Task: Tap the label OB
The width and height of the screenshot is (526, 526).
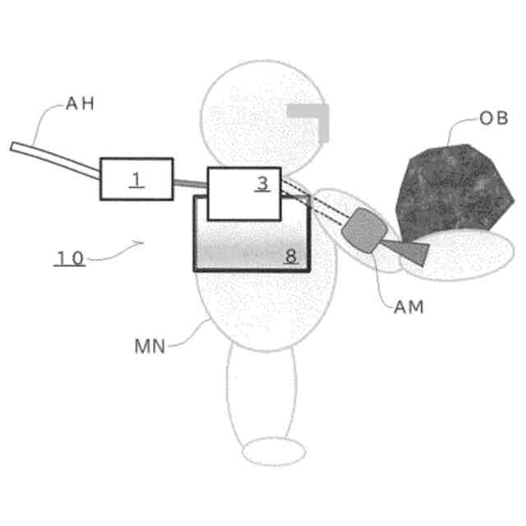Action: [493, 118]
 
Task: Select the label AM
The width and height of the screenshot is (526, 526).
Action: [408, 307]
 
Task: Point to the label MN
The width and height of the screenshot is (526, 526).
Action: [150, 345]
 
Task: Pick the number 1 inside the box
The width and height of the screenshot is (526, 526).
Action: [136, 180]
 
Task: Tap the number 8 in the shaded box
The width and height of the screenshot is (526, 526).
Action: [290, 256]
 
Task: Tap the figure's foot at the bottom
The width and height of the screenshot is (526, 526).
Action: [275, 451]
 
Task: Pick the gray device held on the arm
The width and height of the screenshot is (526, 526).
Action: [362, 228]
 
